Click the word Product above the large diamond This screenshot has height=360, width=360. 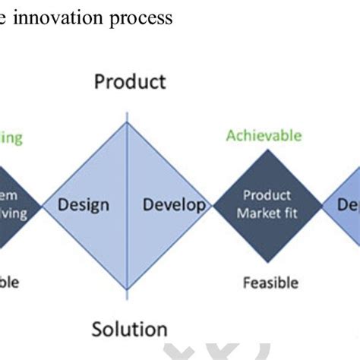(x=129, y=81)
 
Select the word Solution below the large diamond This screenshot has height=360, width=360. (x=129, y=328)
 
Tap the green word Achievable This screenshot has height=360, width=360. (x=264, y=136)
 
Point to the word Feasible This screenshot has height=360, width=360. (x=270, y=283)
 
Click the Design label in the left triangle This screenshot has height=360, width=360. (x=84, y=205)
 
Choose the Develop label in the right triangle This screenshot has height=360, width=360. (x=173, y=205)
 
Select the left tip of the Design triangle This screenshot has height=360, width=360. (x=42, y=205)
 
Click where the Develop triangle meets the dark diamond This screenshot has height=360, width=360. (x=213, y=205)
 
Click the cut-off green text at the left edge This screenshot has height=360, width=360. (x=11, y=138)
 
